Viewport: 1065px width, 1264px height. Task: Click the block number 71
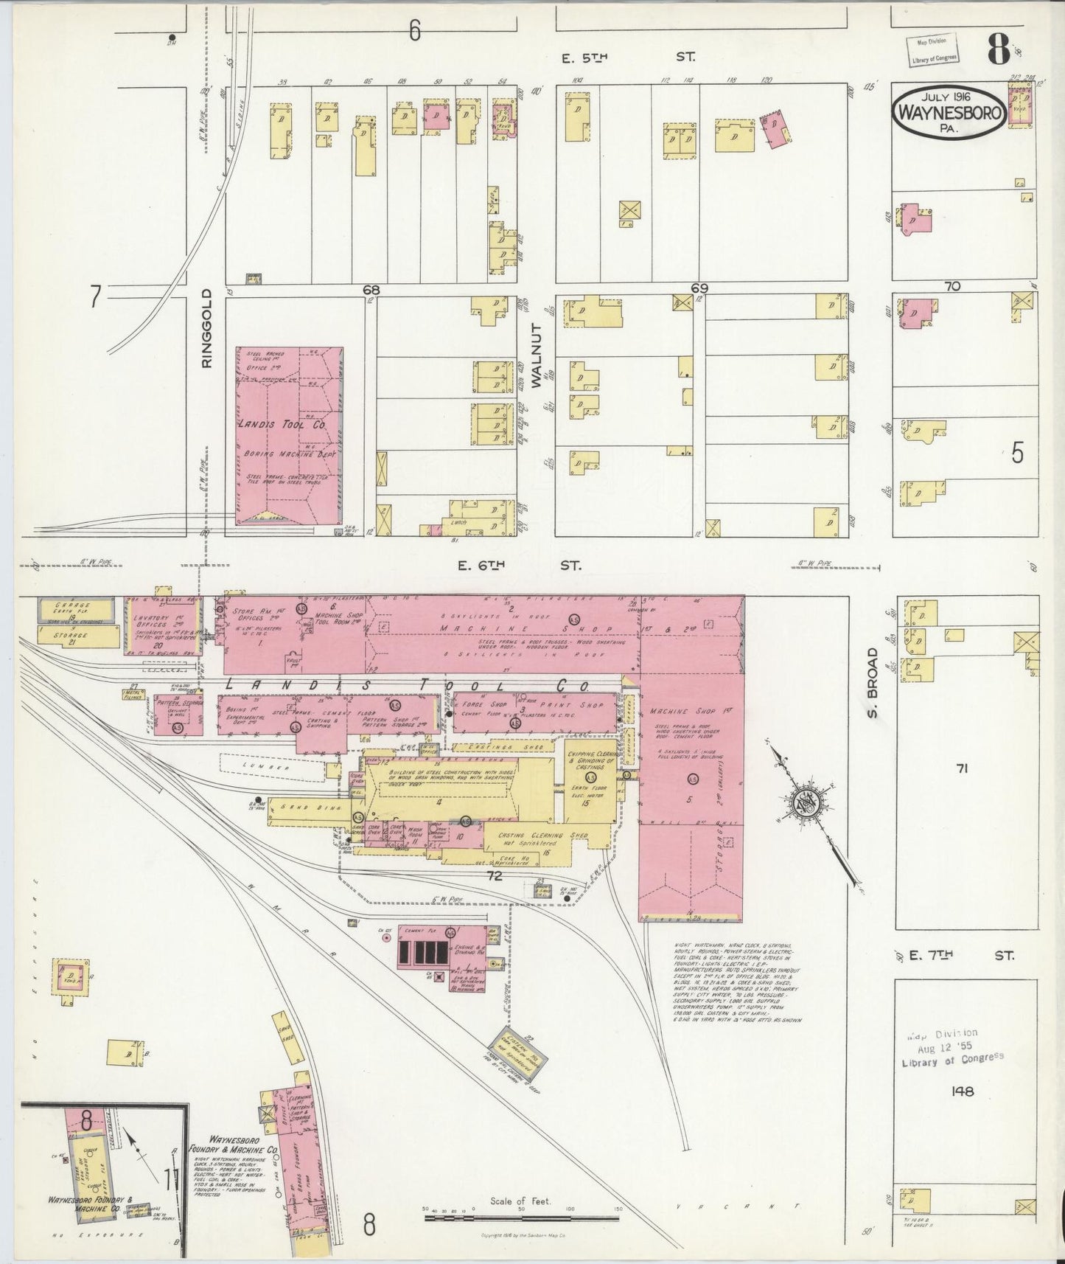point(961,769)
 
